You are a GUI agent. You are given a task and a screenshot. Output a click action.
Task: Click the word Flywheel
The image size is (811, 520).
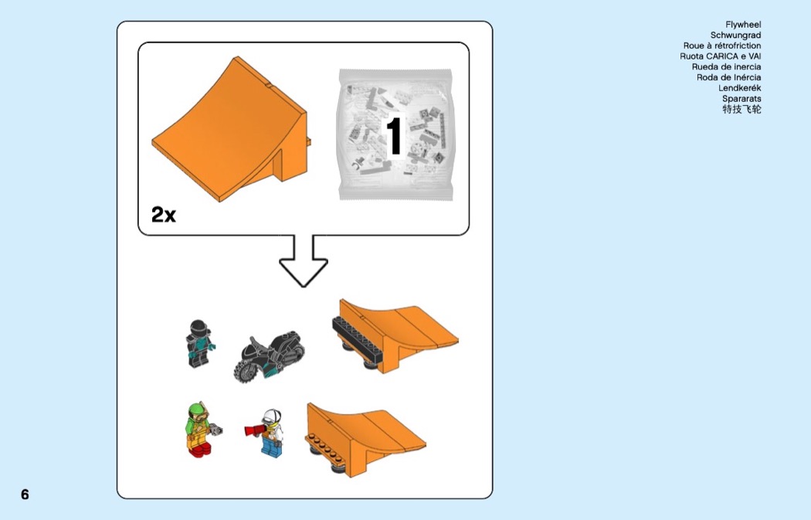pyautogui.click(x=743, y=24)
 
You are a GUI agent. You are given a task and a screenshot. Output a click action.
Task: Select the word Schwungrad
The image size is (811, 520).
pyautogui.click(x=735, y=36)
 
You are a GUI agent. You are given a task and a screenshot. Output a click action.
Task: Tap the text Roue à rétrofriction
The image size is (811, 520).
pyautogui.click(x=722, y=46)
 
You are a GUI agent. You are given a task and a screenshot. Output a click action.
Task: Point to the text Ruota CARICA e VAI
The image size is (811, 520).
pyautogui.click(x=721, y=56)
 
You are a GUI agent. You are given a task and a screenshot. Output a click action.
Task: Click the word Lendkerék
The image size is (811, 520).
pyautogui.click(x=740, y=88)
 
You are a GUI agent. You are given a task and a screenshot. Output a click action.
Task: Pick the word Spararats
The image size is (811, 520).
pyautogui.click(x=741, y=98)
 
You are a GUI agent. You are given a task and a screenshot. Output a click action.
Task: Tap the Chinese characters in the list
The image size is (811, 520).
pyautogui.click(x=741, y=109)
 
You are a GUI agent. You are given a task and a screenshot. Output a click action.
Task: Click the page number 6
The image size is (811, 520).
pyautogui.click(x=25, y=495)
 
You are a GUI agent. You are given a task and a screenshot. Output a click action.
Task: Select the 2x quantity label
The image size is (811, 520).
pyautogui.click(x=164, y=214)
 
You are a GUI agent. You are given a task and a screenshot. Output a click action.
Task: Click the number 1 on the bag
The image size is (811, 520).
pyautogui.click(x=394, y=135)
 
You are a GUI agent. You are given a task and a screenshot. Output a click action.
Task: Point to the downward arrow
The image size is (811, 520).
pyautogui.click(x=304, y=261)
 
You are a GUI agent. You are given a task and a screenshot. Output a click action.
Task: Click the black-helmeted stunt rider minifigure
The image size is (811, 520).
pyautogui.click(x=199, y=344)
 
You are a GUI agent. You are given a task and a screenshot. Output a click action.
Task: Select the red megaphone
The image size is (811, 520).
pyautogui.click(x=256, y=430)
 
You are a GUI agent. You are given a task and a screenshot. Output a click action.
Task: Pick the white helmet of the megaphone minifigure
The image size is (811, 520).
pyautogui.click(x=272, y=416)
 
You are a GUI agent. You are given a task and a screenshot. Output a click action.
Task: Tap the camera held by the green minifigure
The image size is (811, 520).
pyautogui.click(x=215, y=429)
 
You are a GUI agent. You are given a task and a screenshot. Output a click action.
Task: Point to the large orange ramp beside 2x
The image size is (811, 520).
pyautogui.click(x=230, y=132)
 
